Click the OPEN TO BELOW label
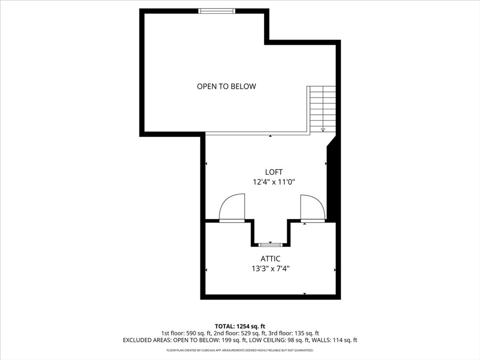pyautogui.click(x=226, y=86)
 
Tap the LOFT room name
pyautogui.click(x=274, y=172)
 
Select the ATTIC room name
pyautogui.click(x=270, y=259)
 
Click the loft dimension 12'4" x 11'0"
pyautogui.click(x=274, y=182)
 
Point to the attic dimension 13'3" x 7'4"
pyautogui.click(x=270, y=269)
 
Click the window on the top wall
pyautogui.click(x=217, y=11)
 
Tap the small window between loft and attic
pyautogui.click(x=270, y=245)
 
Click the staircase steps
pyautogui.click(x=323, y=109)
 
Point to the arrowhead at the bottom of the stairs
pyautogui.click(x=323, y=130)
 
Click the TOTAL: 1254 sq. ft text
pyautogui.click(x=240, y=326)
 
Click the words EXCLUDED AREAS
pyautogui.click(x=147, y=340)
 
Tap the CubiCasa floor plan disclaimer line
pyautogui.click(x=240, y=350)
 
